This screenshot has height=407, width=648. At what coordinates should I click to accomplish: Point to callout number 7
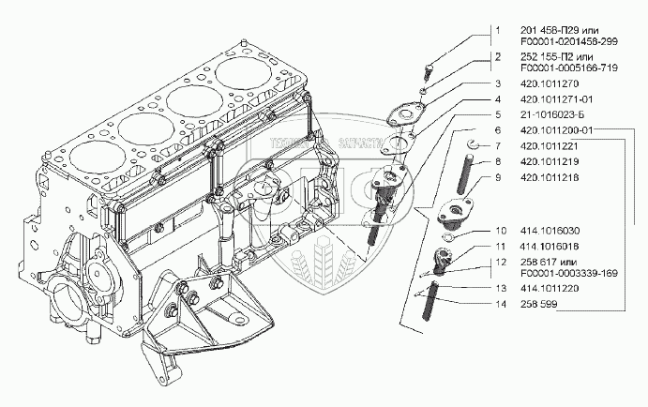[x=499, y=145]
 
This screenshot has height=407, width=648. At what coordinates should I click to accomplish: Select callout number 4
[x=499, y=98]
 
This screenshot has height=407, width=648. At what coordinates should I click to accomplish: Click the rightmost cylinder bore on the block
[x=243, y=74]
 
